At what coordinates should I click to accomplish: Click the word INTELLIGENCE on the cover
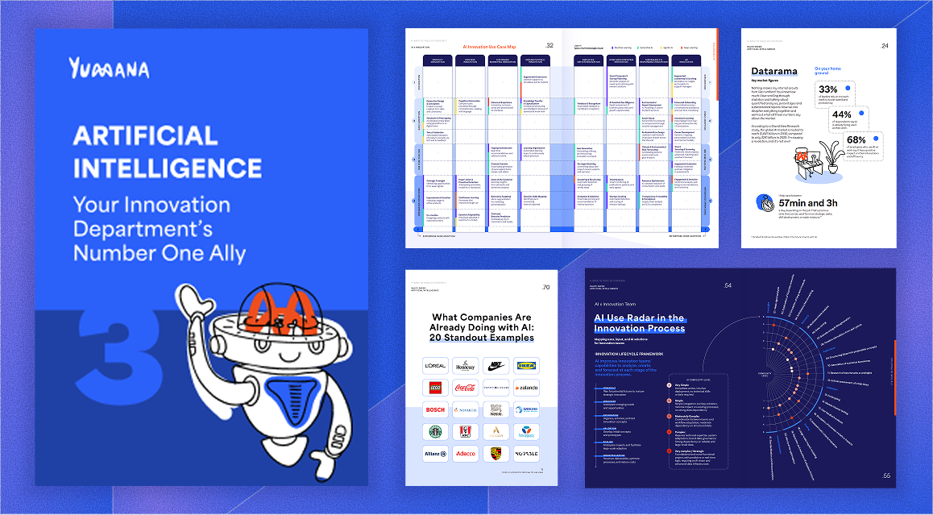click(x=168, y=168)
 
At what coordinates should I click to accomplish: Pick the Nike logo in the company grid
click(x=496, y=365)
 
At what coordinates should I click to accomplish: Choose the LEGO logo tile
click(x=435, y=388)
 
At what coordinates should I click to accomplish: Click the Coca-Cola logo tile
click(x=466, y=388)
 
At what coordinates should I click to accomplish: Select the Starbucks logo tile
click(x=435, y=432)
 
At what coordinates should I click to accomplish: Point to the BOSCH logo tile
click(x=435, y=410)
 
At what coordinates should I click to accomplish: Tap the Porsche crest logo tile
click(x=496, y=455)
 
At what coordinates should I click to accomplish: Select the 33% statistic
click(x=827, y=89)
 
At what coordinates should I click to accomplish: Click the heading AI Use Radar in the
click(x=639, y=318)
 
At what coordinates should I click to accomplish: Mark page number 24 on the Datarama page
click(x=885, y=46)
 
